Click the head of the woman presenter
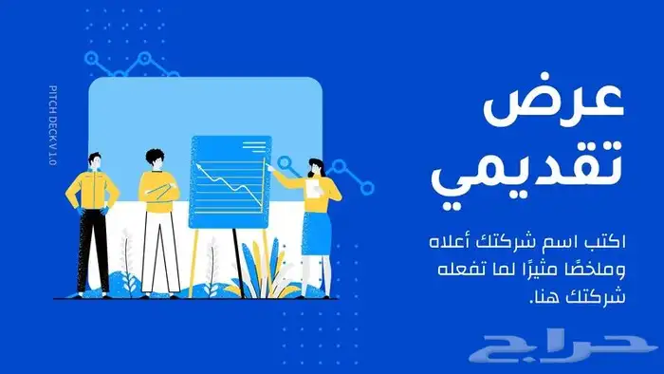[x=316, y=167]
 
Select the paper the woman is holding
[x=310, y=189]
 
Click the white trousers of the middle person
[x=158, y=247]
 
